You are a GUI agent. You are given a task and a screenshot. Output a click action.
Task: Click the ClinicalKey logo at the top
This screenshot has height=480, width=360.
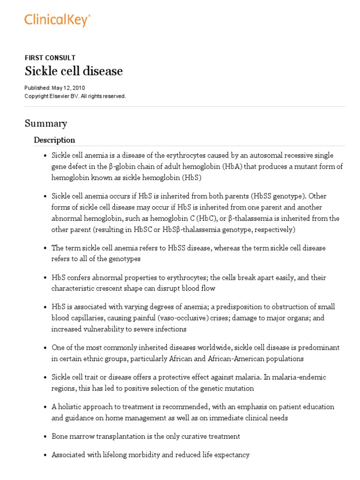point(57,19)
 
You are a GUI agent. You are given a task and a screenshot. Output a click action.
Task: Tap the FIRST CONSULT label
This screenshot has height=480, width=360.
point(50,58)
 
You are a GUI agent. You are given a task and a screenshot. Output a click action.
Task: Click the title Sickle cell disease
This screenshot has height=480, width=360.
point(74,71)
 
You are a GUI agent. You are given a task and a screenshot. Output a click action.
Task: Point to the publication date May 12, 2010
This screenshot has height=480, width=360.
point(69,88)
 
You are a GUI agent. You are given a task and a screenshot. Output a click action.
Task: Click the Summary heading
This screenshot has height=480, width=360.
point(45,123)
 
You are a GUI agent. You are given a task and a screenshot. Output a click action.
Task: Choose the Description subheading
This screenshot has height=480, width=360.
point(54,140)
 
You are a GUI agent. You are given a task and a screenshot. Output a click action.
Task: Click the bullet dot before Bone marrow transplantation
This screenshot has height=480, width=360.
point(45,436)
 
